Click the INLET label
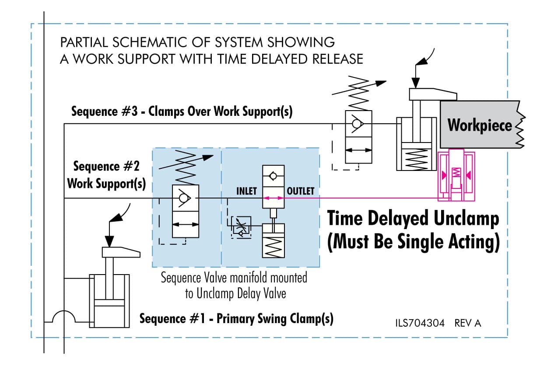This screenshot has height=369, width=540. (246, 191)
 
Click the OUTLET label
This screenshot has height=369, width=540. (300, 191)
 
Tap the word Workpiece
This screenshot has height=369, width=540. (479, 125)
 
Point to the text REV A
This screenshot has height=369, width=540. (468, 323)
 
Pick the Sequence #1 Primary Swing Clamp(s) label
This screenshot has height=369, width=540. (236, 319)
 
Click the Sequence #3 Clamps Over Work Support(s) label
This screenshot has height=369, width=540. (182, 112)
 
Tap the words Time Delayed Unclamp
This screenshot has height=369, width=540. (413, 219)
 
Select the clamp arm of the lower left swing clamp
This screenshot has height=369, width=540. (120, 252)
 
